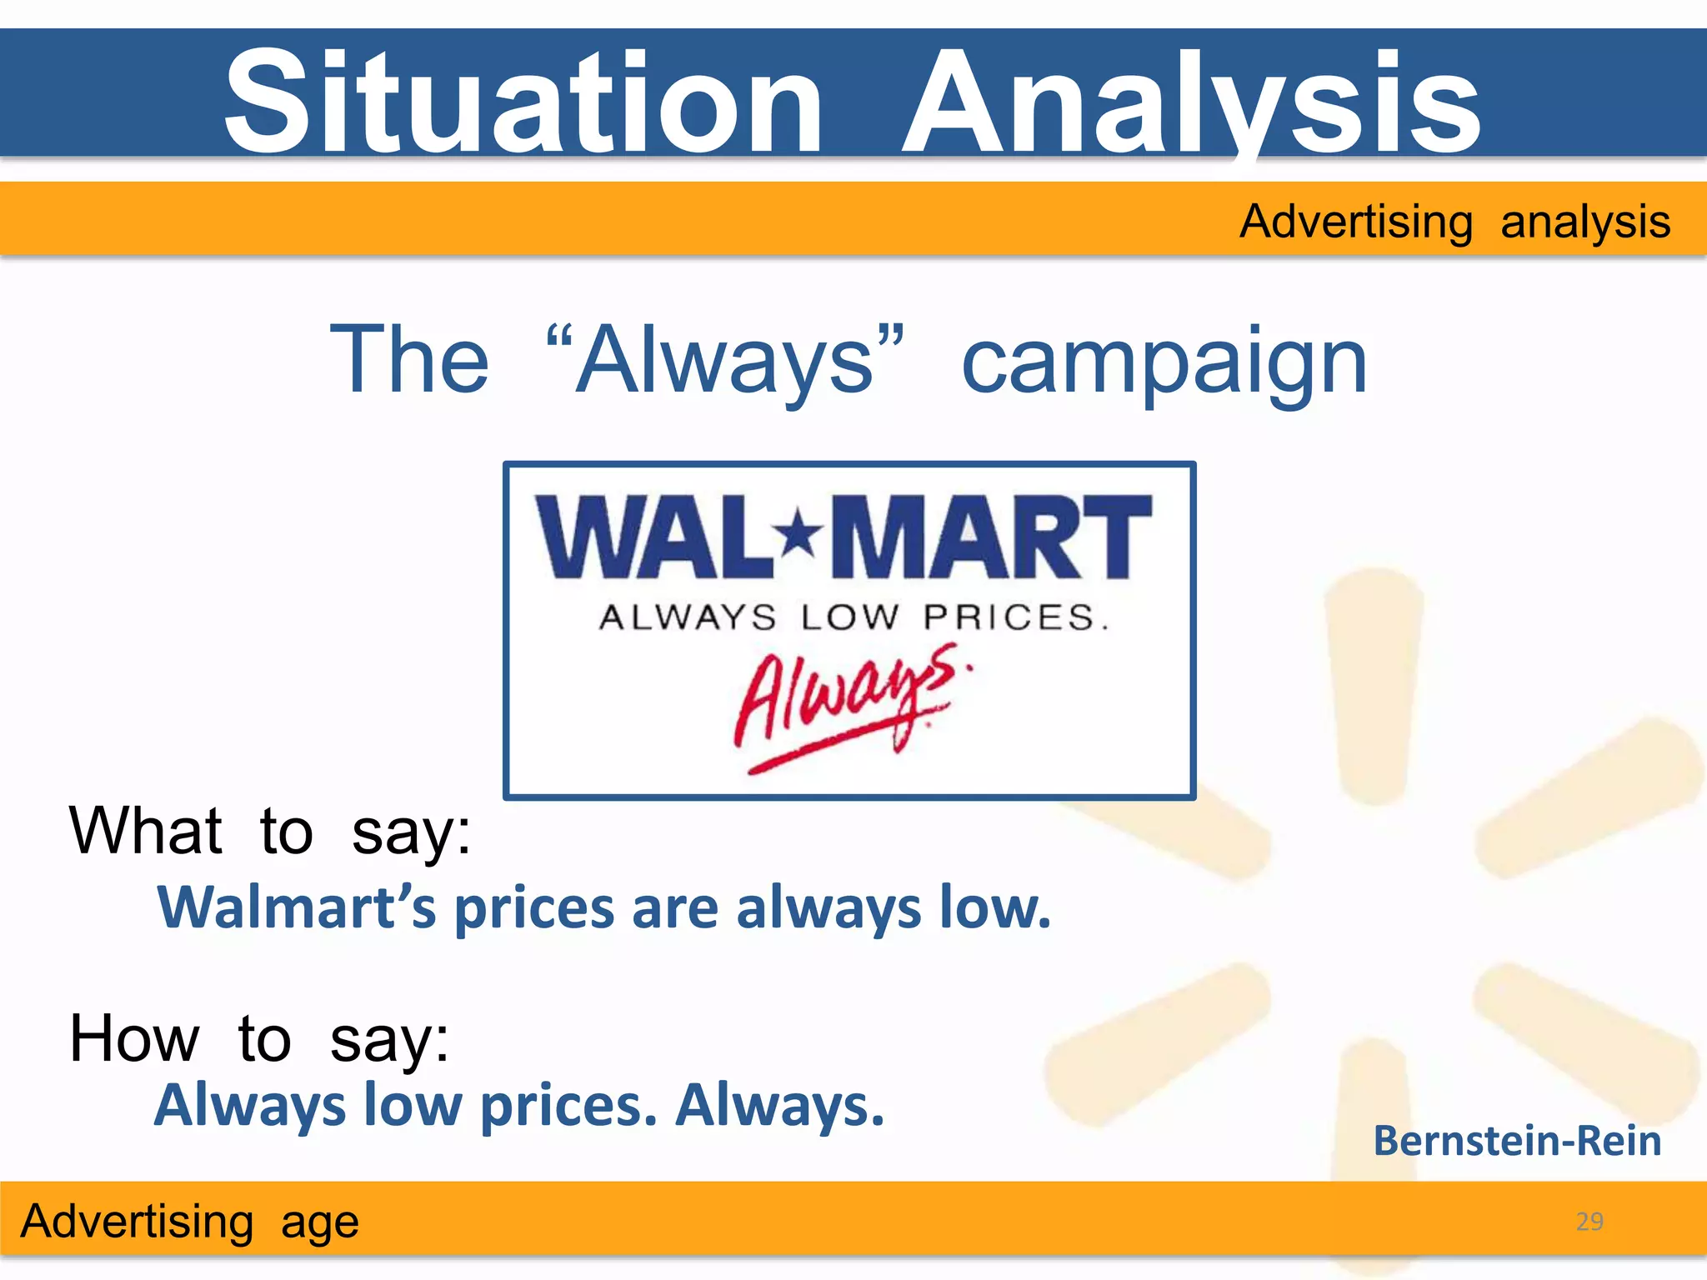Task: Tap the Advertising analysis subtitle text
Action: tap(1454, 222)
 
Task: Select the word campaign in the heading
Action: tap(1164, 361)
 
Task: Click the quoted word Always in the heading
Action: tap(725, 361)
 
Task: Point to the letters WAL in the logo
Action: tap(654, 537)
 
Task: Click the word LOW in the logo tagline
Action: tap(850, 617)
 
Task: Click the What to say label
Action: tap(270, 831)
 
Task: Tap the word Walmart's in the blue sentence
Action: tap(297, 907)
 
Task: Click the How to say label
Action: tap(259, 1038)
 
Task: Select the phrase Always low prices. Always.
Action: tap(518, 1105)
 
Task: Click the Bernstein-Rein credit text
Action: tap(1517, 1140)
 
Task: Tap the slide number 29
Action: tap(1589, 1221)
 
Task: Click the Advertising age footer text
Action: tap(190, 1222)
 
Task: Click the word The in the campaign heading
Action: tap(409, 361)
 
